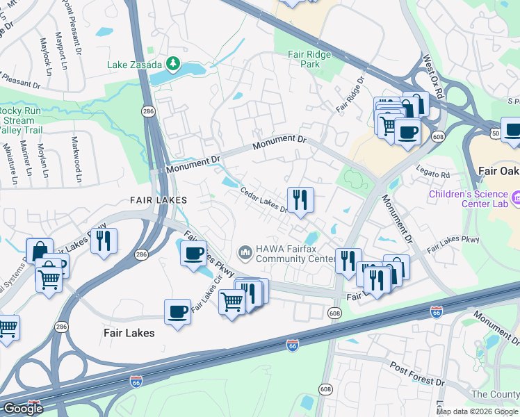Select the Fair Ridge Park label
[309, 59]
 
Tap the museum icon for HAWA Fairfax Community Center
[245, 251]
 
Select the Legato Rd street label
[434, 174]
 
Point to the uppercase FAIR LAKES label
[159, 200]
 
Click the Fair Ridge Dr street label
[350, 95]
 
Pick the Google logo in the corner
[23, 409]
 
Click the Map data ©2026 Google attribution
[476, 411]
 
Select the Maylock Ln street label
[48, 53]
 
